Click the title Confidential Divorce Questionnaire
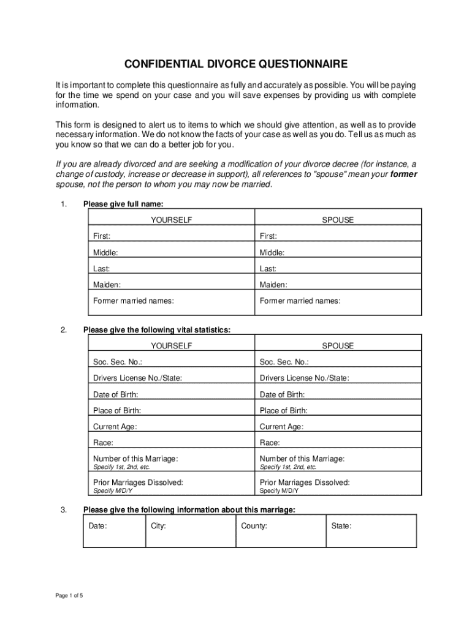coord(236,64)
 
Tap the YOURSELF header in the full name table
coord(172,220)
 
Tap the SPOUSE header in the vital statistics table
coord(338,346)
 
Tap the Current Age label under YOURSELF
coord(115,427)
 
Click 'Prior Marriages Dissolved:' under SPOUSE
coord(305,482)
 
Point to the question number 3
coord(64,509)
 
